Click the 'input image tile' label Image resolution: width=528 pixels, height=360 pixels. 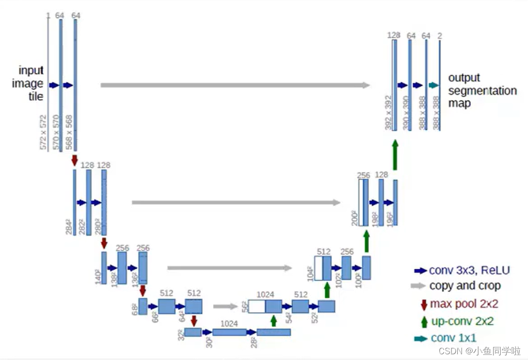pos(31,84)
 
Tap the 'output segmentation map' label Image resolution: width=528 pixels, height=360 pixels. pos(482,90)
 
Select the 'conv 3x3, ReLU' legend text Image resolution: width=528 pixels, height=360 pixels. pos(469,270)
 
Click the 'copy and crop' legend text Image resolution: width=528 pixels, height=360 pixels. pos(465,286)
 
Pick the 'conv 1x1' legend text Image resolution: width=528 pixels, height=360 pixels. pos(453,339)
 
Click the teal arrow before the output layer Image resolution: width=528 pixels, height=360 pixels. pos(433,85)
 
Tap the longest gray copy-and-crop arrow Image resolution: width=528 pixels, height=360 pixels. pos(235,85)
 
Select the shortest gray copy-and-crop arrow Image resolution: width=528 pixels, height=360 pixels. pos(225,307)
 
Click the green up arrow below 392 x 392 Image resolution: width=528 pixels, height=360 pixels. pos(395,155)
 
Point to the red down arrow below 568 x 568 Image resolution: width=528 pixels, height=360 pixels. pos(75,159)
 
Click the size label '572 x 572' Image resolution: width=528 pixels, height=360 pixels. pos(43,132)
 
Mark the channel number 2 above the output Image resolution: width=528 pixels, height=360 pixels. pos(440,36)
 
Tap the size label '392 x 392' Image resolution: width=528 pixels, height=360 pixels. pos(388,113)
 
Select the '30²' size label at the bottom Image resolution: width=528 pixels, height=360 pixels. pos(209,341)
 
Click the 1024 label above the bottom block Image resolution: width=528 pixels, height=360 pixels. pos(229,324)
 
